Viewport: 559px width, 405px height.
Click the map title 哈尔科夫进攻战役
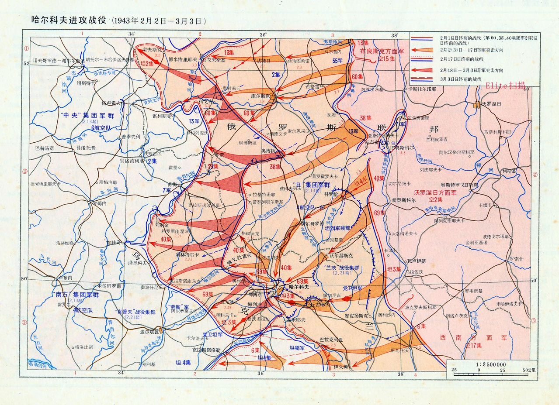tap(69, 20)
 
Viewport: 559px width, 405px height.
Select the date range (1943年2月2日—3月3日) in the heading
tap(158, 21)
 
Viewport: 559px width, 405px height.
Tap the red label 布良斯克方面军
tap(381, 51)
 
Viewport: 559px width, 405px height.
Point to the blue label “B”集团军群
tap(311, 184)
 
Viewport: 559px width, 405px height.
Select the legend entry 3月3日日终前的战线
tap(461, 79)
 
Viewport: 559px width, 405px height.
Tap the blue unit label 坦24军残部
tap(337, 228)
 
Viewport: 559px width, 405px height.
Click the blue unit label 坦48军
tap(297, 347)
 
